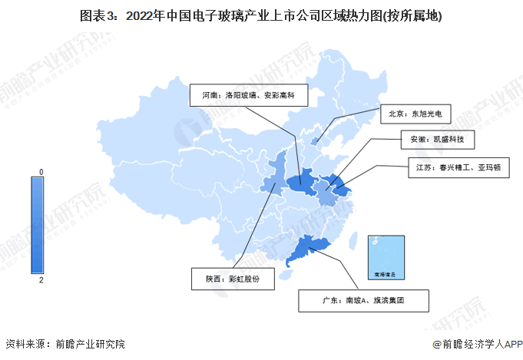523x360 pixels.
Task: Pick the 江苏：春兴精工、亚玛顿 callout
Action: click(x=458, y=167)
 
